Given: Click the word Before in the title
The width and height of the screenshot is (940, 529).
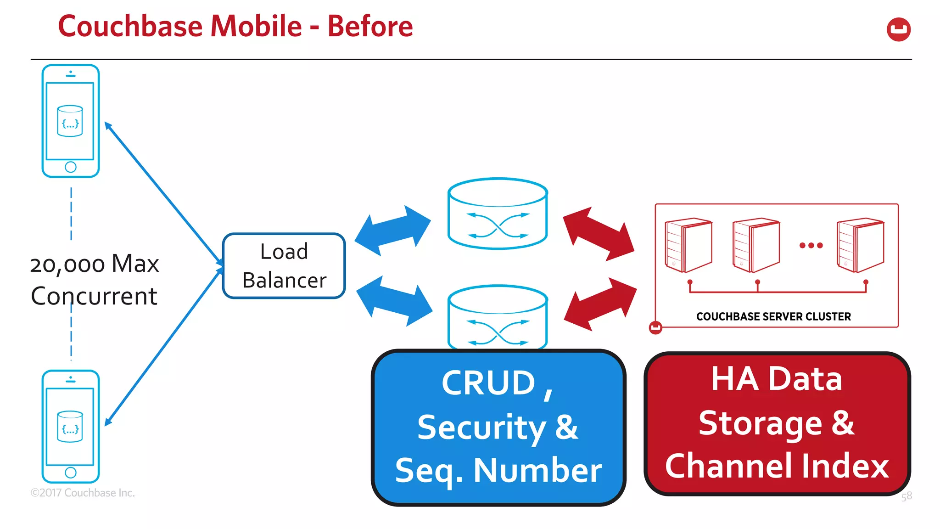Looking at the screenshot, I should pyautogui.click(x=370, y=26).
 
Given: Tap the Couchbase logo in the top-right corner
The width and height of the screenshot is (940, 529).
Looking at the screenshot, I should pyautogui.click(x=898, y=29).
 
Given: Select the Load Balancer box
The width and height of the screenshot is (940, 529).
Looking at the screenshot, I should pyautogui.click(x=284, y=266).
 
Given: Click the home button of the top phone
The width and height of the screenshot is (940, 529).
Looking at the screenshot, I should pyautogui.click(x=71, y=167).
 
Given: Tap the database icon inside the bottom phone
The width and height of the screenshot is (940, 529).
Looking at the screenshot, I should pyautogui.click(x=70, y=427).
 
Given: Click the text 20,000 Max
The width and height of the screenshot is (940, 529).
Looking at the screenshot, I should pyautogui.click(x=95, y=264).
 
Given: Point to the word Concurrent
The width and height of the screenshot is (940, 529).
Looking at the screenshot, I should pyautogui.click(x=94, y=296).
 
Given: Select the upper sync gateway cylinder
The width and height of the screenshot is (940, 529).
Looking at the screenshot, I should pyautogui.click(x=498, y=214).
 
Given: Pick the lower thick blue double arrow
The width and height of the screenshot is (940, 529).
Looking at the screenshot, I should pyautogui.click(x=394, y=301).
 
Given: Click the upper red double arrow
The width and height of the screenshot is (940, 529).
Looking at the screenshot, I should pyautogui.click(x=599, y=234).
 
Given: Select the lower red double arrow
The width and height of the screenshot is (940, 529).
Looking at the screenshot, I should pyautogui.click(x=600, y=304).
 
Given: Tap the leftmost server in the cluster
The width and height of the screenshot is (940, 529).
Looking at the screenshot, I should pyautogui.click(x=688, y=245).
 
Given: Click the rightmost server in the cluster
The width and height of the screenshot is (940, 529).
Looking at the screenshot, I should pyautogui.click(x=860, y=245).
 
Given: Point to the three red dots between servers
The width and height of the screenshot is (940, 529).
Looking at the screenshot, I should pyautogui.click(x=811, y=245).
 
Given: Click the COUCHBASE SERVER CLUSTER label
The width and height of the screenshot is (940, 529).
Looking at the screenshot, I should pyautogui.click(x=773, y=316).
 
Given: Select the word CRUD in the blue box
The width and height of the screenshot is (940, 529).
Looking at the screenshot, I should pyautogui.click(x=488, y=383).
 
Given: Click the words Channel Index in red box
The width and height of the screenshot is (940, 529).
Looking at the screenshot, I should pyautogui.click(x=777, y=466).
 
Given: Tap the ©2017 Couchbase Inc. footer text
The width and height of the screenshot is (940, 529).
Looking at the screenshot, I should pyautogui.click(x=83, y=493).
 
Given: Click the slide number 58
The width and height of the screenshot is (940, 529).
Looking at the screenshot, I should pyautogui.click(x=906, y=496).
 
